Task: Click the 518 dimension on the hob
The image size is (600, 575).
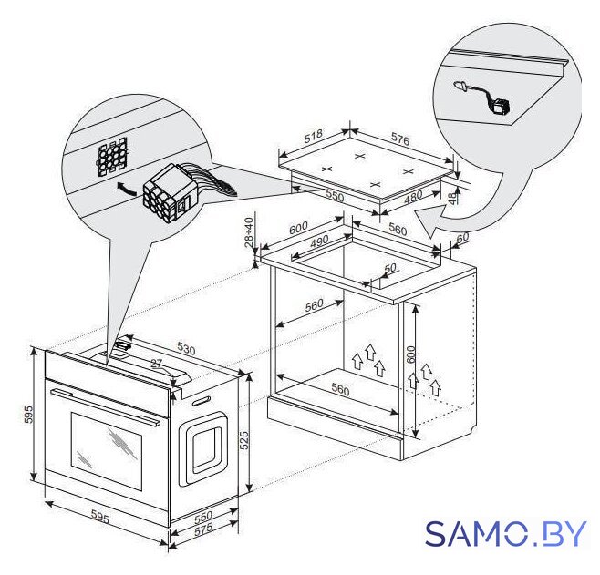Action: [314, 136]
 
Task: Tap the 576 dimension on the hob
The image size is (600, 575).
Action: [400, 139]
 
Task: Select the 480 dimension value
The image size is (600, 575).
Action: [413, 197]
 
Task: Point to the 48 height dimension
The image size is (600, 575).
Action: [452, 197]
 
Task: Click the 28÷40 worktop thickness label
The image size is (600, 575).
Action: [249, 232]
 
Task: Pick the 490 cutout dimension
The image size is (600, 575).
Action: [319, 241]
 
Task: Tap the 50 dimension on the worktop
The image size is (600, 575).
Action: [390, 268]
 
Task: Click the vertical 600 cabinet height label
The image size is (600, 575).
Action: [410, 354]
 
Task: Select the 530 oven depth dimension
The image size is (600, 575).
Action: [186, 348]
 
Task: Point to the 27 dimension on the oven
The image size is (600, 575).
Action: [156, 364]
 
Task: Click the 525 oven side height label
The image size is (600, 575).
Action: [243, 440]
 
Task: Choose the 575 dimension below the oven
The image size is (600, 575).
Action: [203, 530]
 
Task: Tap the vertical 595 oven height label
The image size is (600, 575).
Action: [29, 415]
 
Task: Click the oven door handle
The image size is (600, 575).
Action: [106, 406]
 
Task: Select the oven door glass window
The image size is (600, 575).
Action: [107, 451]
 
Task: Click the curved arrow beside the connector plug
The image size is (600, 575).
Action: [126, 188]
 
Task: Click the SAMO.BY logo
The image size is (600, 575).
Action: [505, 533]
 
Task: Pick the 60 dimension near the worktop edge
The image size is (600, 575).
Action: [462, 237]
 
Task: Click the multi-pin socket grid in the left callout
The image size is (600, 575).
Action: [112, 157]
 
